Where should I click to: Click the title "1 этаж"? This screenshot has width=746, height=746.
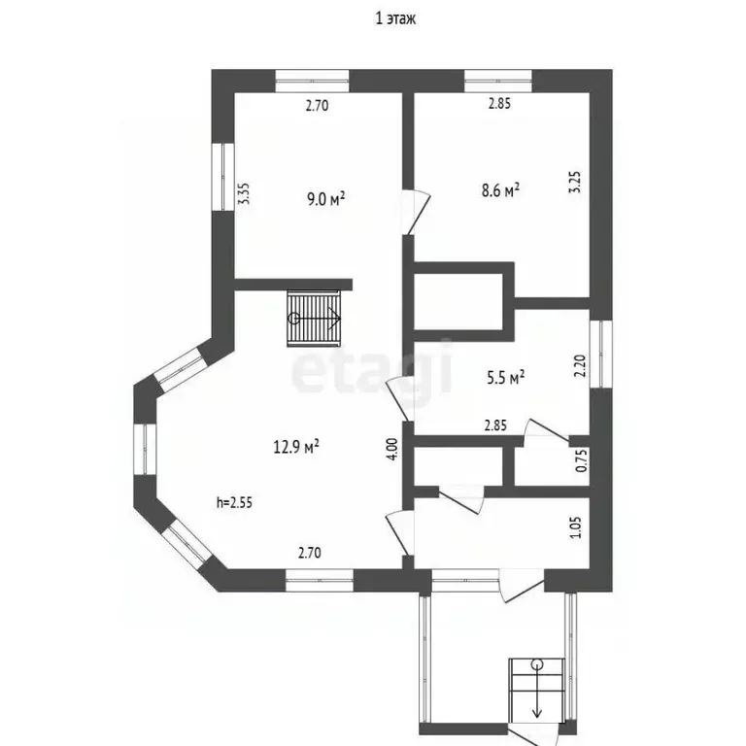click(395, 18)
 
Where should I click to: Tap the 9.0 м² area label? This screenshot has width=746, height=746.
click(326, 198)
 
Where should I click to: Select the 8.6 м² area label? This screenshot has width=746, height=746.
click(500, 189)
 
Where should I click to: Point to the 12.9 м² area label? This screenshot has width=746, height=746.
click(296, 446)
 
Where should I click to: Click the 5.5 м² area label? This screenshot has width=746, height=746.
click(506, 377)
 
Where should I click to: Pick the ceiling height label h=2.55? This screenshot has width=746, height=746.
click(234, 502)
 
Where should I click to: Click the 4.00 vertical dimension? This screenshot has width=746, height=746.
click(392, 449)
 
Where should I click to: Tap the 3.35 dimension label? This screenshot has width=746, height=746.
click(244, 193)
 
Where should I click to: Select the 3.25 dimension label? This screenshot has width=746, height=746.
click(575, 182)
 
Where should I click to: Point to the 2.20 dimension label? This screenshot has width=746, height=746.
click(580, 366)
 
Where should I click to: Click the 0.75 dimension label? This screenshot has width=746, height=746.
click(581, 460)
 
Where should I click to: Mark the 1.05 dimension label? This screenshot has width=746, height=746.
click(576, 527)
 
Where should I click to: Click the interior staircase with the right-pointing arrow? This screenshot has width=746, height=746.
click(315, 319)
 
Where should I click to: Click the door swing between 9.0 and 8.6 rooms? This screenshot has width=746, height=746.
click(418, 212)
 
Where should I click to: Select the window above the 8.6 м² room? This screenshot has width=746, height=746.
click(497, 81)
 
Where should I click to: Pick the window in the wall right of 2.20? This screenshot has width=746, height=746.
click(601, 354)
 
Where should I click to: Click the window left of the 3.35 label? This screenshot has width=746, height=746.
click(222, 177)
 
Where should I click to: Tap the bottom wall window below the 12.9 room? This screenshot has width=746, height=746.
click(320, 581)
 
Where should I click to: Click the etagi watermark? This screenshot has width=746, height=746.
click(372, 367)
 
